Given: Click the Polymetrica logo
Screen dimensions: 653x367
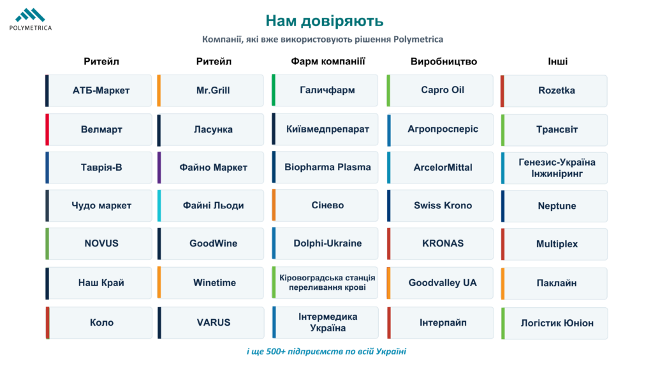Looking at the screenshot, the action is [31, 20].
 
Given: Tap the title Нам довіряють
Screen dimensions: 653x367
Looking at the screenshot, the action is [325, 21].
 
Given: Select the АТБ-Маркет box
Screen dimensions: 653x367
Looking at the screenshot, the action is [99, 90].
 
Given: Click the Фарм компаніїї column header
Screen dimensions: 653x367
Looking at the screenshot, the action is [328, 62].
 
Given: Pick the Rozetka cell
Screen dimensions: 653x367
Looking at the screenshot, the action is [554, 90].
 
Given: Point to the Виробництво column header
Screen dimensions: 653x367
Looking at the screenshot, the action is [444, 62].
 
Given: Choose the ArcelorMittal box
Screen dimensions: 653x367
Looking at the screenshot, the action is [440, 168].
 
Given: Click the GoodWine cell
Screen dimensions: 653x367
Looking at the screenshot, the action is [210, 243].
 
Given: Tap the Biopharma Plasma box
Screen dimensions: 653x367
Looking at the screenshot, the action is [325, 167].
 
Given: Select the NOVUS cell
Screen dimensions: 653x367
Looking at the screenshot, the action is [99, 243].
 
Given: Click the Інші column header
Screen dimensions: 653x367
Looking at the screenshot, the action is [557, 62].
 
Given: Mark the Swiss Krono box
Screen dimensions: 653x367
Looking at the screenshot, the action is [440, 206].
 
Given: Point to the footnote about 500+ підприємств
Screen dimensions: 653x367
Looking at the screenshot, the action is [326, 351].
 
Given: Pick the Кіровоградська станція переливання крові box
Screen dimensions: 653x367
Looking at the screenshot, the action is [325, 282].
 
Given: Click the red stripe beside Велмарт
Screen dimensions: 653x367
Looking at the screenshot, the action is [47, 129].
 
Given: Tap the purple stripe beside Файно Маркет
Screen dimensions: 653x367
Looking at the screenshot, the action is [159, 168].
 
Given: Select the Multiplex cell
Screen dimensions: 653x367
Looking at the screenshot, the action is [554, 244].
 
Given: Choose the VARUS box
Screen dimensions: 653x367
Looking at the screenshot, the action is [210, 322].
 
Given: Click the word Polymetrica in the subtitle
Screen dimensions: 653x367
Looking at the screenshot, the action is [418, 40].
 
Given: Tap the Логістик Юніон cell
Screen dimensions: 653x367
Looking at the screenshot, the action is [554, 323].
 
